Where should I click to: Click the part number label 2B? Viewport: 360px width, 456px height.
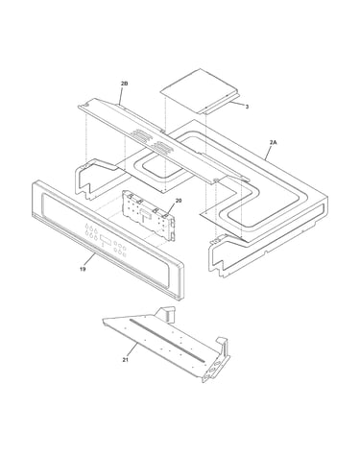pos(124,84)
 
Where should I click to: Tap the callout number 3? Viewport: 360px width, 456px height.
pos(247,107)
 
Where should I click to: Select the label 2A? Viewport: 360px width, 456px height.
pos(273,142)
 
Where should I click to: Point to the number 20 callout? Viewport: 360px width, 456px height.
pos(179,201)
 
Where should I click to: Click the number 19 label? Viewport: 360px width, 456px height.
pos(83,269)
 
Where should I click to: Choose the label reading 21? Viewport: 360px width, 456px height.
pos(125,360)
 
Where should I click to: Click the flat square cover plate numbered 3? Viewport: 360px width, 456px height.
pos(200,90)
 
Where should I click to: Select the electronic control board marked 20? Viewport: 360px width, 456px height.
pos(149,214)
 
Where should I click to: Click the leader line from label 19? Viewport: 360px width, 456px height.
pos(89,260)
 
